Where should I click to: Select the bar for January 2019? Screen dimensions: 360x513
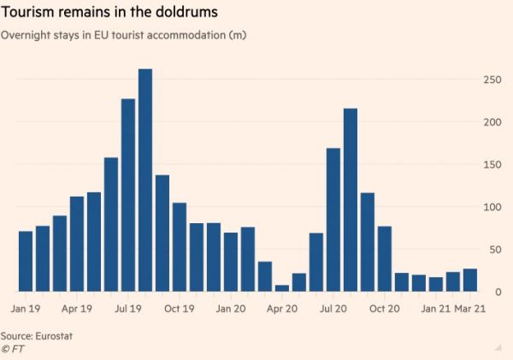pyautogui.click(x=26, y=262)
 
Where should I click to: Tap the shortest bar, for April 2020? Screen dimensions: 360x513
pyautogui.click(x=282, y=288)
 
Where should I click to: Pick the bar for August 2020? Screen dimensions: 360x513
pyautogui.click(x=351, y=200)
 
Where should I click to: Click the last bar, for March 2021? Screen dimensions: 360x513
pyautogui.click(x=470, y=280)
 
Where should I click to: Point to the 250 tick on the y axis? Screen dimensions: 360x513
pyautogui.click(x=489, y=80)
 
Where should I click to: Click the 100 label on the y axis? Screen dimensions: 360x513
pyautogui.click(x=489, y=207)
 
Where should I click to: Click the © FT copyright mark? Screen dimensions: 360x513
pyautogui.click(x=11, y=349)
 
